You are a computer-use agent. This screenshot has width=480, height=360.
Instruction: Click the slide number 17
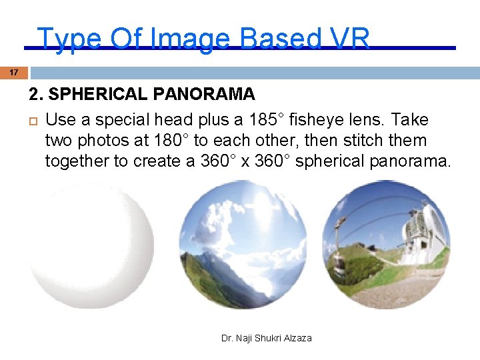tap(14, 72)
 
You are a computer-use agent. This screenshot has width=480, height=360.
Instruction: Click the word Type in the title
tap(63, 39)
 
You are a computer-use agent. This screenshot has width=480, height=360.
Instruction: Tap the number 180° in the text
tap(202, 141)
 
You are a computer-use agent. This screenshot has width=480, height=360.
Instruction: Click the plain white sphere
tap(91, 245)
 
